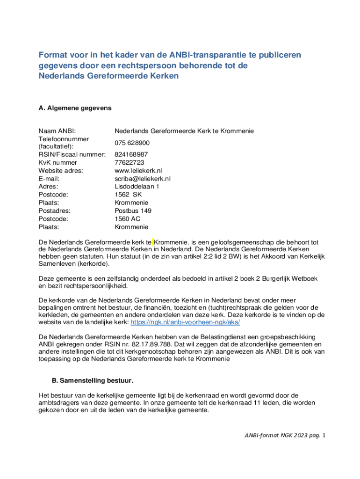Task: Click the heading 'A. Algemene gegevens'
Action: (75, 108)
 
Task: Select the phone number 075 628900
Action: (132, 143)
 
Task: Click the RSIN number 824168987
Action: (131, 154)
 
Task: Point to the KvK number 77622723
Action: (129, 162)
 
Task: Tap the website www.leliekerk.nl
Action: (138, 170)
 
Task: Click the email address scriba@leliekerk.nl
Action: (143, 178)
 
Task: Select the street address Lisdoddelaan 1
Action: (137, 186)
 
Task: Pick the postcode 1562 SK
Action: (128, 194)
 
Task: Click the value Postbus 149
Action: (133, 210)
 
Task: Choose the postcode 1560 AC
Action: (128, 218)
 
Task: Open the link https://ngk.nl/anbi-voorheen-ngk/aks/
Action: (185, 323)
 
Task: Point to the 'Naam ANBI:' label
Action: (57, 131)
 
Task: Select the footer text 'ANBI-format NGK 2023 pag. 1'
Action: (285, 435)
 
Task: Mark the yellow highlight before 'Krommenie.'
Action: (152, 242)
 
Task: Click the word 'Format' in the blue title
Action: (52, 56)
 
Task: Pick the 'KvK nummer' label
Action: (58, 162)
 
